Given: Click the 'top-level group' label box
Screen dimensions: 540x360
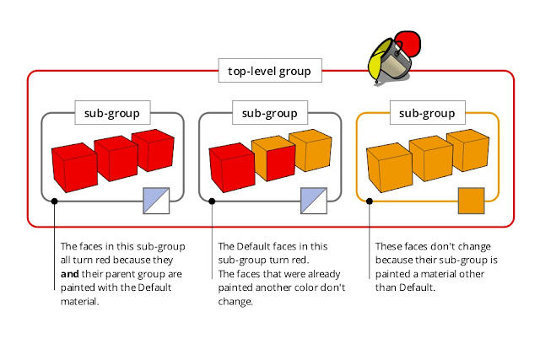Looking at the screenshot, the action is click(270, 71).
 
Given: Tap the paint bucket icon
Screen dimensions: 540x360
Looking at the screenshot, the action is click(394, 57).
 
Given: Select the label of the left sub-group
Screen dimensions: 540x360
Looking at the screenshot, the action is click(112, 112).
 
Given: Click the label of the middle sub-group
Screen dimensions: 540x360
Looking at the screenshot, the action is click(270, 112).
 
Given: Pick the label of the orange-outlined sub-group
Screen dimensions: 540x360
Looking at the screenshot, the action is click(428, 112).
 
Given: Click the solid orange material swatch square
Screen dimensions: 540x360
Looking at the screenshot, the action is click(471, 201).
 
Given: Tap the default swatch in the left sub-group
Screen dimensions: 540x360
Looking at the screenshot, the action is click(156, 201).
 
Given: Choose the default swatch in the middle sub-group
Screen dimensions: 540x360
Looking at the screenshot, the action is click(314, 201).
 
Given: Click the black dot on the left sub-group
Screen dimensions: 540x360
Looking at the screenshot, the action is click(54, 201).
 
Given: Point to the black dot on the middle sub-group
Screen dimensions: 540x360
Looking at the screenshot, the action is click(212, 201).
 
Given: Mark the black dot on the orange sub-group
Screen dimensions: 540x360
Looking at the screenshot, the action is click(370, 201).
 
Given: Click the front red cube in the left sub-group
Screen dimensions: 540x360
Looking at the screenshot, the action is click(75, 168).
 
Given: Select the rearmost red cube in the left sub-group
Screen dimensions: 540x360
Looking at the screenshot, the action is click(154, 150).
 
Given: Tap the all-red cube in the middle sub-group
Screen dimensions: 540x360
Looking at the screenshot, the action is click(232, 168).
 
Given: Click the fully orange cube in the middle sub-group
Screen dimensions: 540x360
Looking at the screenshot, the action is click(310, 150).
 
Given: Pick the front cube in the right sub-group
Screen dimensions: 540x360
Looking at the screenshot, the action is click(390, 168).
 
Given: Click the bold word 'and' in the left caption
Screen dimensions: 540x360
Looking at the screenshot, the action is click(70, 274).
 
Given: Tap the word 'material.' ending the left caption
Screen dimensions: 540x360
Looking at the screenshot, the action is click(80, 302).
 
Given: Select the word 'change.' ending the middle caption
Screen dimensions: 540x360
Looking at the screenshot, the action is click(235, 302).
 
